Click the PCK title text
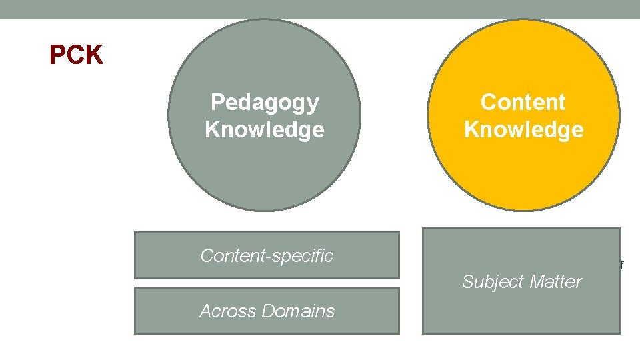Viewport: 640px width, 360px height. (x=76, y=56)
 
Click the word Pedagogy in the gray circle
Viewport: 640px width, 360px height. (x=265, y=103)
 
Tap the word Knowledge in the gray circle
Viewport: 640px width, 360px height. (x=265, y=129)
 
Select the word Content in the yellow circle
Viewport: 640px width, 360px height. (x=523, y=103)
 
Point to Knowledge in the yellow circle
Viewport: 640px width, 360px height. (x=523, y=129)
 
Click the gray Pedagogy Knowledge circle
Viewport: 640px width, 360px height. (x=264, y=167)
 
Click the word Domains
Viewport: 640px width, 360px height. (x=298, y=311)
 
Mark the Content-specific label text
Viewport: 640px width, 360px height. (x=267, y=255)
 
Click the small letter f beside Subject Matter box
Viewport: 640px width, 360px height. (x=622, y=265)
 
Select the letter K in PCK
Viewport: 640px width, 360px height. (x=94, y=56)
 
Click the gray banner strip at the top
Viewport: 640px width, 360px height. (x=320, y=9)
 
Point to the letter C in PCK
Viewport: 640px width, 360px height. (x=75, y=56)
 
